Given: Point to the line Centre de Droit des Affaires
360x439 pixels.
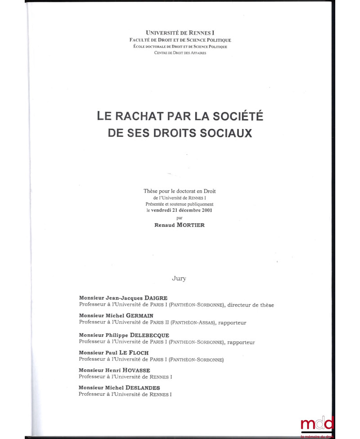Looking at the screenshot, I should point(180,53).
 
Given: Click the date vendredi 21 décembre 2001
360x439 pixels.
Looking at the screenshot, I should point(185,210).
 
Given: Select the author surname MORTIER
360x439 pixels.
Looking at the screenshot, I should point(191,225).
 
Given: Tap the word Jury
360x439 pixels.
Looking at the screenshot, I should point(179,278).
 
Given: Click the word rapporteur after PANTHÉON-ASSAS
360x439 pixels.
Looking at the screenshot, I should point(232,323).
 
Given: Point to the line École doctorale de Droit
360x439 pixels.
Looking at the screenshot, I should point(180,46).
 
